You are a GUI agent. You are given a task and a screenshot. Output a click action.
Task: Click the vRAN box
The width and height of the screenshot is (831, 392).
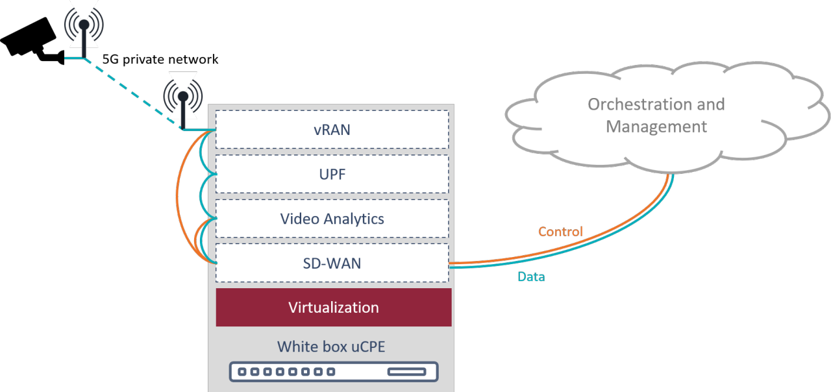(332, 129)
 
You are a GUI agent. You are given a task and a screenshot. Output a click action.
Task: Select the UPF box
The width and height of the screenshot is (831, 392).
(332, 174)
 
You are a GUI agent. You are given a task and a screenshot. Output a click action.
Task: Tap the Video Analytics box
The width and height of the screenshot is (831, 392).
(332, 219)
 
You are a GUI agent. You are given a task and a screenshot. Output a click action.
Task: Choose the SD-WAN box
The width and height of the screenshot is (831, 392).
(332, 263)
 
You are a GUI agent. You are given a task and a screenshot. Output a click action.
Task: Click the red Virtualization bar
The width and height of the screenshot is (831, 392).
(333, 307)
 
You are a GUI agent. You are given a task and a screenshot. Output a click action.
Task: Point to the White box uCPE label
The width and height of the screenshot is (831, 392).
(331, 347)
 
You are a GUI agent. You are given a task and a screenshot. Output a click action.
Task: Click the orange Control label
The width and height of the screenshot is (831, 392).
(560, 232)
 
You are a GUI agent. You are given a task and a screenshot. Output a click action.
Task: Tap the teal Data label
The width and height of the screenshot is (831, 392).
(531, 277)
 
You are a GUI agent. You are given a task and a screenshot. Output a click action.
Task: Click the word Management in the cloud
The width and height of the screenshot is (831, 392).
(656, 126)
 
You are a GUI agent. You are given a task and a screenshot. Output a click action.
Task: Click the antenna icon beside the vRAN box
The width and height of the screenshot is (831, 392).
(183, 97)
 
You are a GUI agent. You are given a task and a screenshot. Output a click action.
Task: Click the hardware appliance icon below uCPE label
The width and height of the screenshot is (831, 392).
(333, 372)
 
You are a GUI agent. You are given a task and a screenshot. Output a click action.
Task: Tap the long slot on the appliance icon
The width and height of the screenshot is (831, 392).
(406, 372)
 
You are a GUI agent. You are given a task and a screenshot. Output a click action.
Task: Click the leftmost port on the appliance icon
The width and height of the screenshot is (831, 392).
(242, 372)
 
